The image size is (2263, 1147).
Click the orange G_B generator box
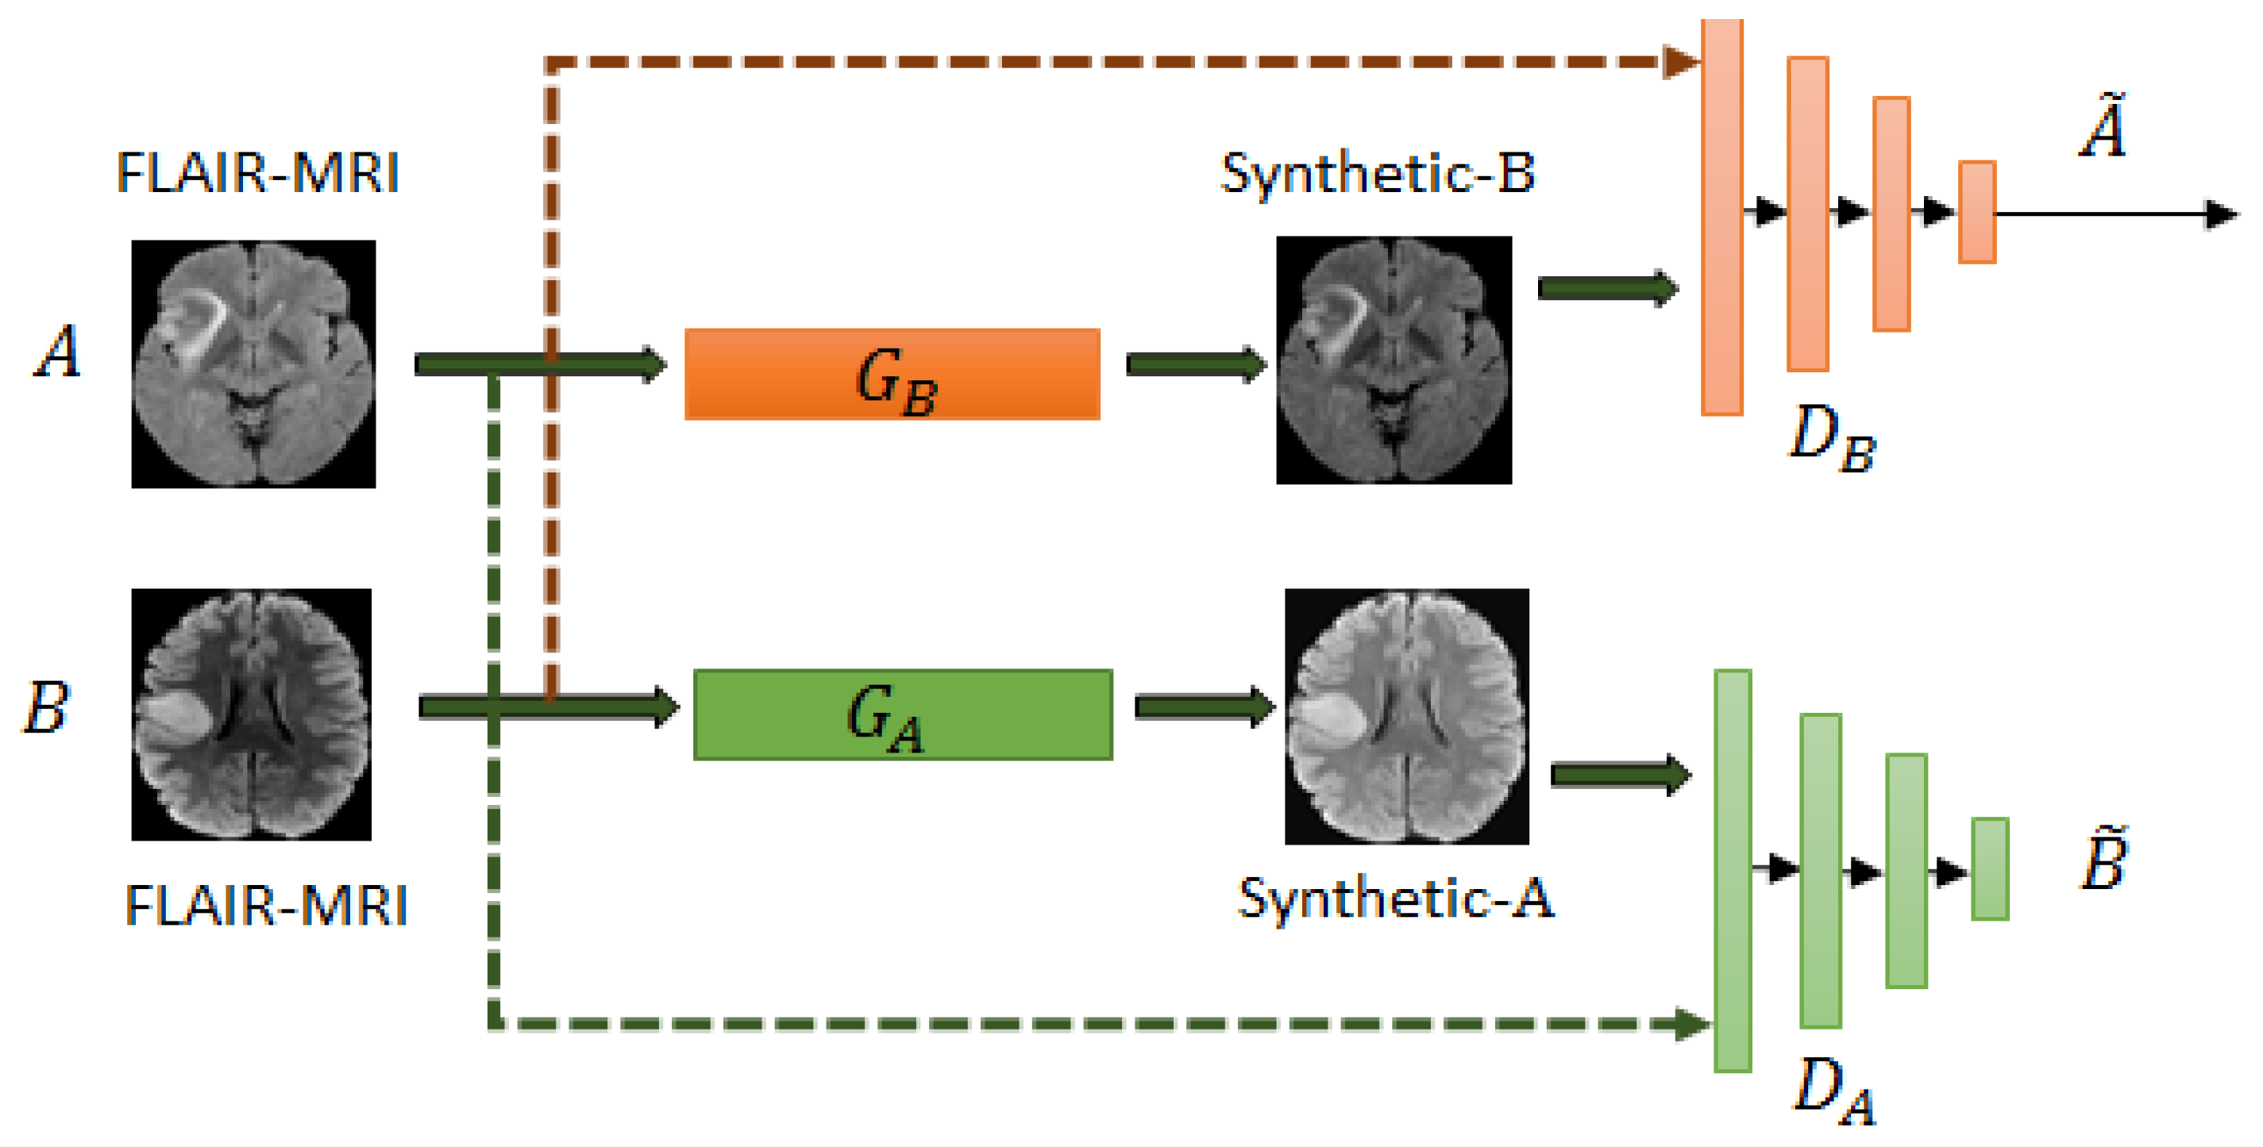pos(892,374)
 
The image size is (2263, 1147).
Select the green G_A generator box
pos(902,714)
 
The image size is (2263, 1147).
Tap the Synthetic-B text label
pos(1378,173)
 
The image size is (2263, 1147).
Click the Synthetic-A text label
pos(1395,899)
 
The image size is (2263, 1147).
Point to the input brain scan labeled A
pos(253,364)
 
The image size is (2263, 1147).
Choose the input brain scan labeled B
pos(251,714)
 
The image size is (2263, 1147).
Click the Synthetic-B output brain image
pos(1394,360)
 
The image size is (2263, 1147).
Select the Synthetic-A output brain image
pos(1406,716)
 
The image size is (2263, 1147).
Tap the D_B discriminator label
pos(1833,437)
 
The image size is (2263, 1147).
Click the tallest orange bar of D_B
pos(1721,216)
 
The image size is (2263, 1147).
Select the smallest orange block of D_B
pos(1976,212)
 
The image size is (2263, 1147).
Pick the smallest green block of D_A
pos(1990,868)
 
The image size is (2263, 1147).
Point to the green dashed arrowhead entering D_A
pos(1692,1024)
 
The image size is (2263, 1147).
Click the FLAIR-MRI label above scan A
pos(257,173)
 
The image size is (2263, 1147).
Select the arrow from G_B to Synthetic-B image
pos(1196,364)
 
